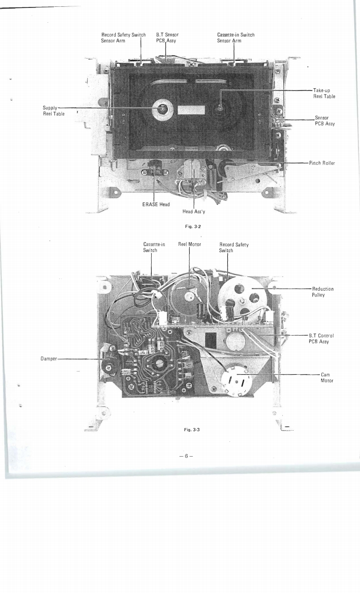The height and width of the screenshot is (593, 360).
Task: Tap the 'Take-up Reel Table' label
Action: pos(324,93)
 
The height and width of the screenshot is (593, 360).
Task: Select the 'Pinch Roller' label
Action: pos(322,163)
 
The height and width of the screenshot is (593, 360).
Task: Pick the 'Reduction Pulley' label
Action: pos(323,292)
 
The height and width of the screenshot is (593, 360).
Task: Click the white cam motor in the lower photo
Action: pos(236,379)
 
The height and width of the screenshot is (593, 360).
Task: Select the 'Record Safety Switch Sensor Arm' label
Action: pos(123,38)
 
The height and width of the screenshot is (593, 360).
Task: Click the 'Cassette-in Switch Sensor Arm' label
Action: pos(236,38)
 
